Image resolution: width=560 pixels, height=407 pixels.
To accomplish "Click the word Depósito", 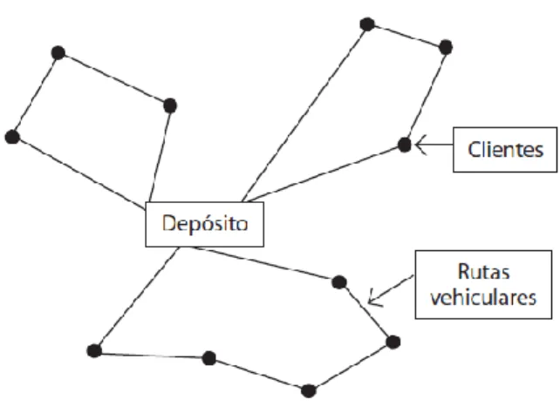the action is (x=205, y=224).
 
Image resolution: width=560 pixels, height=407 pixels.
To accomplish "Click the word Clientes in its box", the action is (x=505, y=149).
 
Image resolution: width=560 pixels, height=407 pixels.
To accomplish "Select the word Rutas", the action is (x=483, y=272).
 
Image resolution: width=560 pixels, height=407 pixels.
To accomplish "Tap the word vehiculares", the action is (x=483, y=297).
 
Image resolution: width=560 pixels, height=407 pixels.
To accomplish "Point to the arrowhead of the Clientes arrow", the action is (x=418, y=145).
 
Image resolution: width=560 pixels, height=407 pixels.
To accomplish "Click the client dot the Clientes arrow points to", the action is (x=404, y=145).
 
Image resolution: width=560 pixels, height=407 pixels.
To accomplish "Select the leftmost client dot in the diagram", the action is (x=12, y=137).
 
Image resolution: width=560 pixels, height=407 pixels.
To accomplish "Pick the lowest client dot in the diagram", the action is (x=309, y=391).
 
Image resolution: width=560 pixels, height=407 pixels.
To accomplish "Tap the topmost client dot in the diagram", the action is (x=367, y=24).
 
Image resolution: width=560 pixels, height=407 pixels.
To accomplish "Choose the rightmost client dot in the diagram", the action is (x=446, y=47).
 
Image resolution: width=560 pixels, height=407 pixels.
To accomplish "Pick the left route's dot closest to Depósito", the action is (x=170, y=105).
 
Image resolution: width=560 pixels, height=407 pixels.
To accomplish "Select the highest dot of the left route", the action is (x=58, y=53).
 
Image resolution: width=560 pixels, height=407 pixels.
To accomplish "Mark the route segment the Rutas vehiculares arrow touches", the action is (x=366, y=312).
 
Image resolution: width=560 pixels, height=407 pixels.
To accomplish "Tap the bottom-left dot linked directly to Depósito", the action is (x=94, y=350).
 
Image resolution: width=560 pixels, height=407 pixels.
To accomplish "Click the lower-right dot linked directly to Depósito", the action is (x=339, y=282).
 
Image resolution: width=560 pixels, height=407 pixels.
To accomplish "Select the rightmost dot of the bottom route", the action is (x=393, y=343).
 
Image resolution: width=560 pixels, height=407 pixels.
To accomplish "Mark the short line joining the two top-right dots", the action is (x=406, y=36).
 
